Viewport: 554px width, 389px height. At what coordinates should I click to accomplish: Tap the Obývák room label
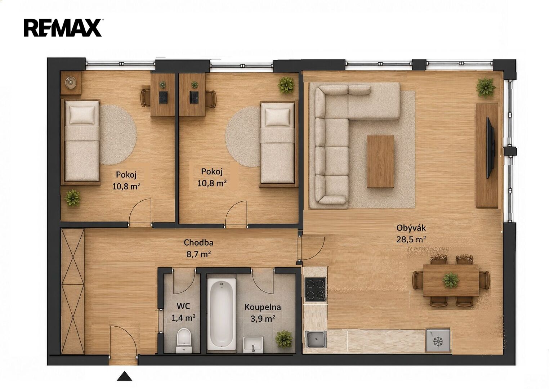pyautogui.click(x=411, y=228)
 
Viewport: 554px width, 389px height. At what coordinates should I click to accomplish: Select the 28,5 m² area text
pyautogui.click(x=411, y=240)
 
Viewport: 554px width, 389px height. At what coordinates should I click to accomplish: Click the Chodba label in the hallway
pyautogui.click(x=198, y=243)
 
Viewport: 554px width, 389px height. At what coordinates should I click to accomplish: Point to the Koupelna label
pyautogui.click(x=263, y=307)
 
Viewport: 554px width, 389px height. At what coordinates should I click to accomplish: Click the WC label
pyautogui.click(x=183, y=306)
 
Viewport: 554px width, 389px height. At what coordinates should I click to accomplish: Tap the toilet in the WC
pyautogui.click(x=184, y=340)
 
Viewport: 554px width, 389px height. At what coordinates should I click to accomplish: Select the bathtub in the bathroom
pyautogui.click(x=222, y=314)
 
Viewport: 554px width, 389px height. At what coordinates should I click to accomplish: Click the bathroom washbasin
pyautogui.click(x=253, y=344)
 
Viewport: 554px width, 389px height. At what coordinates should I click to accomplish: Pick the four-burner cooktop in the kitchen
pyautogui.click(x=315, y=290)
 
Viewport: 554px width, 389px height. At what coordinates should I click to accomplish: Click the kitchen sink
pyautogui.click(x=316, y=339)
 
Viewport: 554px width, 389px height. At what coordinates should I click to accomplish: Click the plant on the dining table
pyautogui.click(x=451, y=280)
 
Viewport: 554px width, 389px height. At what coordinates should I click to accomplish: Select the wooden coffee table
pyautogui.click(x=380, y=161)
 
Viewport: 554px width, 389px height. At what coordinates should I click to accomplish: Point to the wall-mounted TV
pyautogui.click(x=490, y=148)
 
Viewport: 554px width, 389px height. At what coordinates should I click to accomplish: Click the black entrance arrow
pyautogui.click(x=124, y=376)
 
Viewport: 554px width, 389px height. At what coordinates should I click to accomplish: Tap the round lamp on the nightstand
pyautogui.click(x=71, y=82)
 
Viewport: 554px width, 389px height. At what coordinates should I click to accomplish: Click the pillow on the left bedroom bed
pyautogui.click(x=82, y=115)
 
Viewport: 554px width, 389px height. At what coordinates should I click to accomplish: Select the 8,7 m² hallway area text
pyautogui.click(x=198, y=254)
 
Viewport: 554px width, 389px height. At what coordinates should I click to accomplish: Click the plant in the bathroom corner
pyautogui.click(x=284, y=339)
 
